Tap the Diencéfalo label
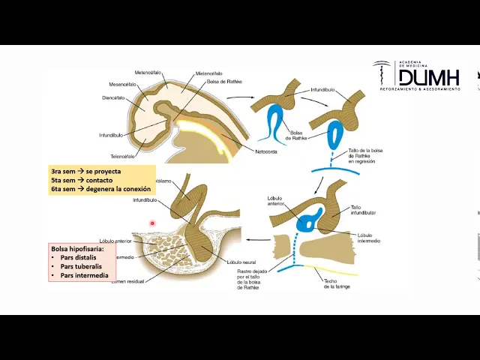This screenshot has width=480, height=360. coord(113,97)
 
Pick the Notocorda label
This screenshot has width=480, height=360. coord(265,151)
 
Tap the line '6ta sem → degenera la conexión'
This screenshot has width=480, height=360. coord(100,189)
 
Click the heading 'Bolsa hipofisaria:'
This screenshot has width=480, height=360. coord(77,248)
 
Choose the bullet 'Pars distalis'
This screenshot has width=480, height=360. coord(78,257)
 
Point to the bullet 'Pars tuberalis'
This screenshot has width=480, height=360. coord(80,266)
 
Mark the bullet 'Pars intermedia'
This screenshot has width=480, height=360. coord(82,275)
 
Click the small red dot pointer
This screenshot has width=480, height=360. coord(152,223)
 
